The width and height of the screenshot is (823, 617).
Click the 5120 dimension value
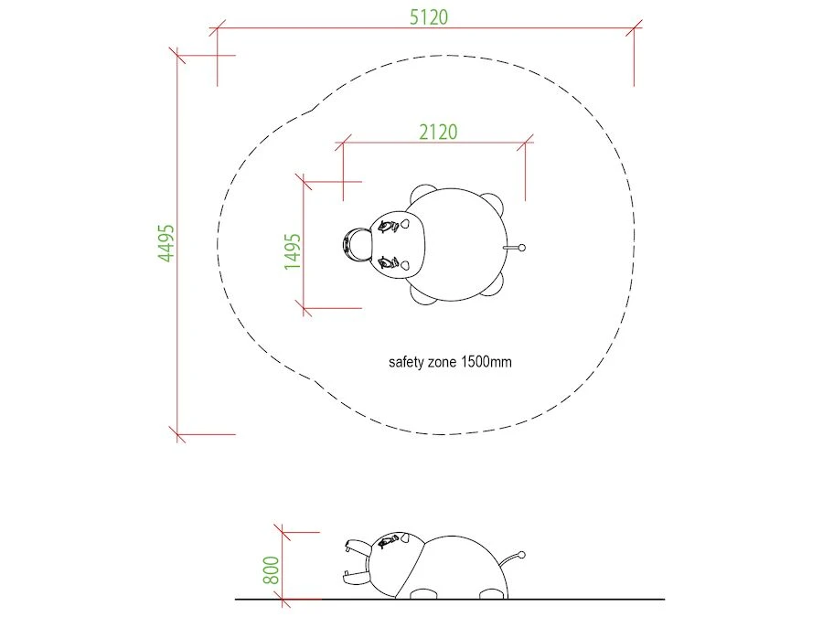(x=429, y=17)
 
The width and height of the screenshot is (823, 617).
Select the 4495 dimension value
(x=166, y=242)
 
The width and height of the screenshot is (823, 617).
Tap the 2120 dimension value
(x=438, y=132)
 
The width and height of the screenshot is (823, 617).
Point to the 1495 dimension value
(x=293, y=251)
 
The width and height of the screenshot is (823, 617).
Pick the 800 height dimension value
(x=271, y=569)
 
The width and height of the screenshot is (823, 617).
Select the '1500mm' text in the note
(x=486, y=361)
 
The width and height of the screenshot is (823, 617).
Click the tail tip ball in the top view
(x=521, y=248)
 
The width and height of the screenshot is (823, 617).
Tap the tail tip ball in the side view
(x=521, y=555)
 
